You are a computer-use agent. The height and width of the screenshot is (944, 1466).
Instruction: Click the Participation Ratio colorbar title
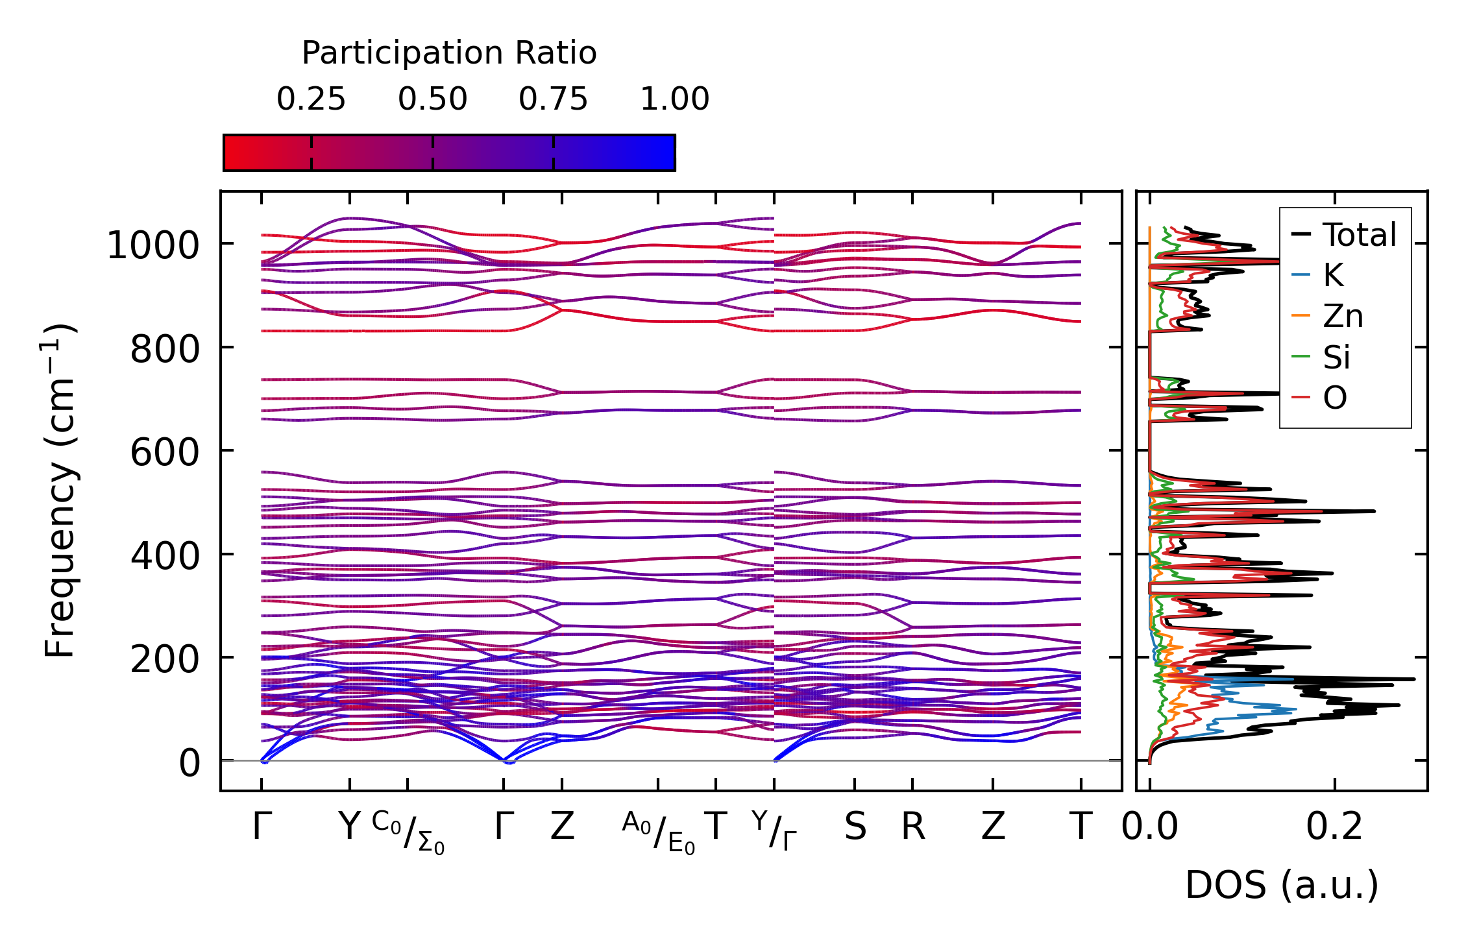[448, 53]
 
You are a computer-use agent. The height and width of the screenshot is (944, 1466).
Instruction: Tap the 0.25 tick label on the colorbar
[311, 99]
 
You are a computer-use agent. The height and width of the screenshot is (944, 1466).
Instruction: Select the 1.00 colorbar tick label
[674, 99]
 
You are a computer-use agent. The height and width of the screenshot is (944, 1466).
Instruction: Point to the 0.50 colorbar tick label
[432, 99]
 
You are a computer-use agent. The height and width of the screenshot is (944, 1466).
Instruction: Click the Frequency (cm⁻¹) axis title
[60, 490]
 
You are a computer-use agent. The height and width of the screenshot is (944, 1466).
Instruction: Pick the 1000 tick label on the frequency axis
[153, 246]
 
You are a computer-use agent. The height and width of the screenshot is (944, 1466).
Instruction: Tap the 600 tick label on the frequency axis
[164, 452]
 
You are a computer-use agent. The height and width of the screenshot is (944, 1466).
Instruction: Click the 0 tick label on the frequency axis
[189, 763]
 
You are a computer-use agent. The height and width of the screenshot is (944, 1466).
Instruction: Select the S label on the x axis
[855, 827]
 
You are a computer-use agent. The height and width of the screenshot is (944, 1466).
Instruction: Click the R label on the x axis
[912, 827]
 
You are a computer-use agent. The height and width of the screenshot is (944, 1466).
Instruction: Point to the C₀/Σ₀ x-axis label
[408, 832]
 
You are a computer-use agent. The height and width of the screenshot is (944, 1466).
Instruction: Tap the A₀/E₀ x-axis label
[658, 832]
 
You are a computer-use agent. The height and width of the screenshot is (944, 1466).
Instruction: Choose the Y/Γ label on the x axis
[774, 830]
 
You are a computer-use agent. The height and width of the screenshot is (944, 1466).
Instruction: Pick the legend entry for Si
[1336, 357]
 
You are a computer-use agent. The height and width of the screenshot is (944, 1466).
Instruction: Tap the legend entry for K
[1333, 276]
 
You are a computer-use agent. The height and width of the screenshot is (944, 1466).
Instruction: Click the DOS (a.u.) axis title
[1282, 886]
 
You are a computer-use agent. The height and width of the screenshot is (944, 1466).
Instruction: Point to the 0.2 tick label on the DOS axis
[1334, 827]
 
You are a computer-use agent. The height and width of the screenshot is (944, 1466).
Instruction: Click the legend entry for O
[1334, 398]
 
